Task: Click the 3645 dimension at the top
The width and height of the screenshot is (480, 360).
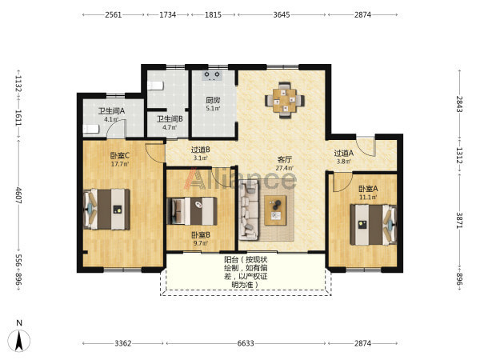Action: coord(282,14)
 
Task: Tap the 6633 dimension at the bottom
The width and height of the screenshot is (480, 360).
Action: coord(246,343)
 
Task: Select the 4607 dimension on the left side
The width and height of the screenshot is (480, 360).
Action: coord(18,195)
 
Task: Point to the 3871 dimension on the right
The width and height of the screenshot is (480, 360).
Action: coord(459,221)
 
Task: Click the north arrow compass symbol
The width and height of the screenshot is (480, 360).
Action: coord(19,341)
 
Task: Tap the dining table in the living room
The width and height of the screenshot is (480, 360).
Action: coord(285,100)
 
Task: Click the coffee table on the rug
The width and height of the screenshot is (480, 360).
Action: coord(275,210)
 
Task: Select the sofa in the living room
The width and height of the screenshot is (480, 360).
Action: coord(249,210)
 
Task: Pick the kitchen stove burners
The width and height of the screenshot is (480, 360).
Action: coord(212,75)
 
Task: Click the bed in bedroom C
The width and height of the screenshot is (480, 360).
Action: coord(106,209)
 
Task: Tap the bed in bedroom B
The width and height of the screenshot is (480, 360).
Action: coord(192,211)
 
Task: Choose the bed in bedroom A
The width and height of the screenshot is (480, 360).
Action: coord(373,225)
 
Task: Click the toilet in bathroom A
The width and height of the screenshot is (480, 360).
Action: coord(91,129)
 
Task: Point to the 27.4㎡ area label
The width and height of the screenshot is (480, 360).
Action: coord(284,168)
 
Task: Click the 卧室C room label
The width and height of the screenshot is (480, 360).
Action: coord(120,155)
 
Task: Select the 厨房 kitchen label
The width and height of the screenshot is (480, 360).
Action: coord(213,100)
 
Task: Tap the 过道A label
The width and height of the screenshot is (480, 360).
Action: coord(344,153)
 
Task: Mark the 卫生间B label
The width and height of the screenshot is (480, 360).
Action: coord(170,118)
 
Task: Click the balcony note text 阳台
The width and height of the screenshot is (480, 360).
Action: coord(231,260)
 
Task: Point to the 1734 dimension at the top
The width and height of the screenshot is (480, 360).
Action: coord(168,14)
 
